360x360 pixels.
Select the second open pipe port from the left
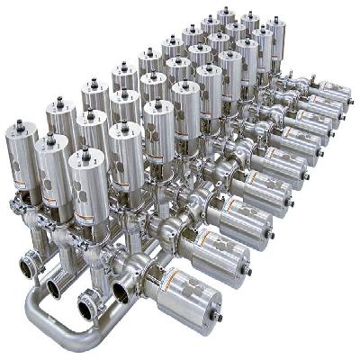[55, 287]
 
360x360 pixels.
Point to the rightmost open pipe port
[121, 291]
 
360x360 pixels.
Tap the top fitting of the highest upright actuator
[224, 12]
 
